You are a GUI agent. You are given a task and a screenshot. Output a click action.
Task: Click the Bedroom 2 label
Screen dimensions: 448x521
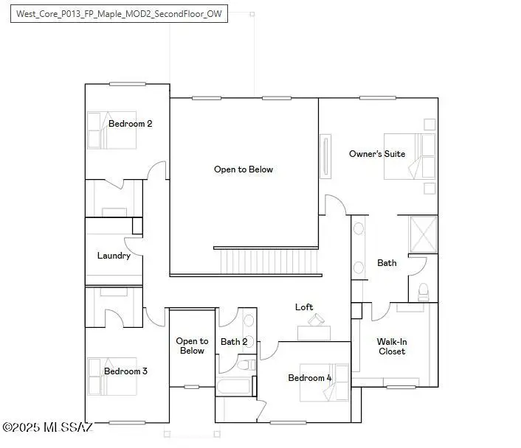click(130, 124)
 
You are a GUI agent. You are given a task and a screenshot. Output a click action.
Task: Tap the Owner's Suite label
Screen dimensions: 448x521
click(377, 154)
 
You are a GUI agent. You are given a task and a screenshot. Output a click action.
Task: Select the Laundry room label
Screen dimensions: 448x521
click(114, 256)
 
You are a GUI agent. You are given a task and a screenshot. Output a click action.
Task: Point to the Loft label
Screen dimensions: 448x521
click(304, 307)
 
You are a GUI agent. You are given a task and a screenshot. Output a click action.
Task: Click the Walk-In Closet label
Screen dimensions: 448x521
click(391, 346)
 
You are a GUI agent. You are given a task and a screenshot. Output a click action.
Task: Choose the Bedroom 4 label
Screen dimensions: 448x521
click(309, 378)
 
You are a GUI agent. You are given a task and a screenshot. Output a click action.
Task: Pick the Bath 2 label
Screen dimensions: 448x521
click(234, 342)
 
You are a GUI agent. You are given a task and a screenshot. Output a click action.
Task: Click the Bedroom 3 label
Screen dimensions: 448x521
click(125, 371)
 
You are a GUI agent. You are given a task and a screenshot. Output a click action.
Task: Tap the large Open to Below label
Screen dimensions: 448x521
click(244, 169)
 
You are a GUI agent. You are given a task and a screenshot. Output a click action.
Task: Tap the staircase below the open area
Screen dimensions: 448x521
click(266, 261)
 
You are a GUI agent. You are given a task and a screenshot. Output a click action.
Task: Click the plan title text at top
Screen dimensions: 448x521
click(119, 13)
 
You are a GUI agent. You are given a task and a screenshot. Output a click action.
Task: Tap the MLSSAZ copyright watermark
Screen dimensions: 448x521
click(47, 427)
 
